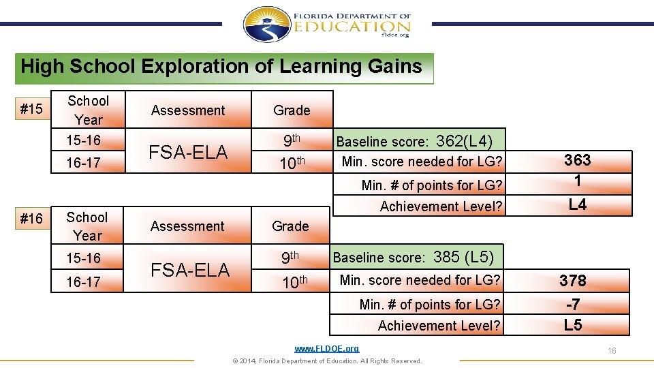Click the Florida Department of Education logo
(327, 25)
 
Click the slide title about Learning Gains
(221, 67)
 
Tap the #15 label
(31, 109)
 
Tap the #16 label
(31, 218)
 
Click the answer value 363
(577, 160)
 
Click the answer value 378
(572, 280)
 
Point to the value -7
(572, 304)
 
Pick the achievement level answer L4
(577, 204)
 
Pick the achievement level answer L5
(572, 325)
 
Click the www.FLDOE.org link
(326, 348)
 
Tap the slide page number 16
(612, 350)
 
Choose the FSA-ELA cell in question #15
(189, 152)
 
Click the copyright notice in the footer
(326, 361)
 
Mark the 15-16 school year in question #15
(84, 140)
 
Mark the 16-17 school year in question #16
(84, 281)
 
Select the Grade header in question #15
(292, 110)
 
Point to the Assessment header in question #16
(187, 226)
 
